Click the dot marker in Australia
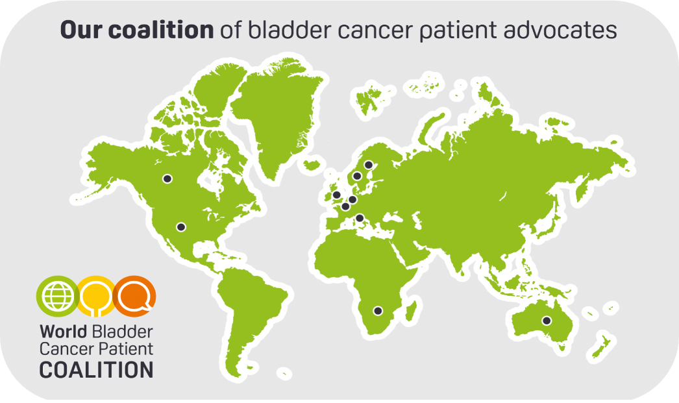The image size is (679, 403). click(x=547, y=321)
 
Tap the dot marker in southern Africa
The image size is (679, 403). click(x=378, y=311)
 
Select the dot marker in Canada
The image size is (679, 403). click(x=167, y=178)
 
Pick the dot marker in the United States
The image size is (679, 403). click(x=181, y=227)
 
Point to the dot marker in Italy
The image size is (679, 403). click(x=360, y=218)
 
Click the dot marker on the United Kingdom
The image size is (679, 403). click(x=336, y=195)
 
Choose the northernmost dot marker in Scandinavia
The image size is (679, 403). click(x=369, y=165)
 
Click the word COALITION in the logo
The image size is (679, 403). click(x=97, y=371)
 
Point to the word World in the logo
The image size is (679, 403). click(x=64, y=332)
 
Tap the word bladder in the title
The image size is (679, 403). click(x=290, y=31)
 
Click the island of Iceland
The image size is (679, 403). click(x=312, y=165)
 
